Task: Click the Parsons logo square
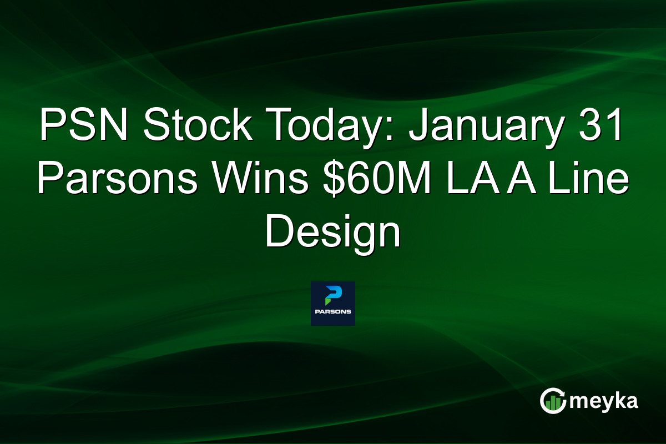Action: pyautogui.click(x=332, y=303)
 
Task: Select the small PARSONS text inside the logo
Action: pyautogui.click(x=332, y=312)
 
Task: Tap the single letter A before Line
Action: pyautogui.click(x=518, y=180)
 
